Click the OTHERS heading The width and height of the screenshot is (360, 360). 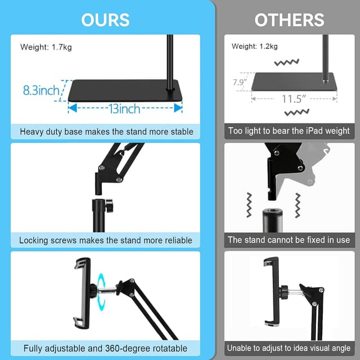tap(289, 20)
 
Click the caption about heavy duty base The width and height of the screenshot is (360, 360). tap(106, 132)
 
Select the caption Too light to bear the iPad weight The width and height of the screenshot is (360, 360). tap(289, 131)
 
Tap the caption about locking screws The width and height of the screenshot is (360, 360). tap(106, 240)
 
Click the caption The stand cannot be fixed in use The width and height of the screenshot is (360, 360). tap(289, 240)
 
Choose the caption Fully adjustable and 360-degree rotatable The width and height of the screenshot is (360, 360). tap(106, 348)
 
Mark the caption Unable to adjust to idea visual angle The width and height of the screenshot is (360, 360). tap(289, 348)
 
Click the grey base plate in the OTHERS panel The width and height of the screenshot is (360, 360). tap(292, 82)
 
